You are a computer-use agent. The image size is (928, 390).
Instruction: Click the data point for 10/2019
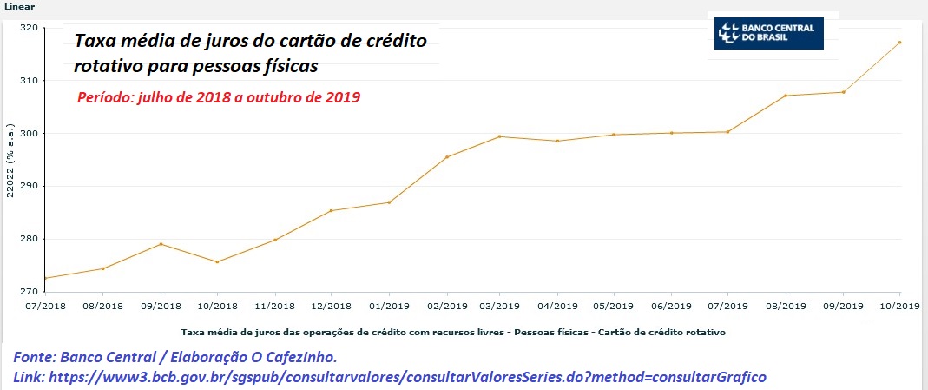pyautogui.click(x=900, y=42)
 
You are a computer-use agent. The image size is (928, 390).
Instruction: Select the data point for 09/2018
pyautogui.click(x=161, y=244)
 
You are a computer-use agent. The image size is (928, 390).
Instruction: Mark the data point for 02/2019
pyautogui.click(x=446, y=157)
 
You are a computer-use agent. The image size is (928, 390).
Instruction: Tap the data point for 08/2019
pyautogui.click(x=786, y=96)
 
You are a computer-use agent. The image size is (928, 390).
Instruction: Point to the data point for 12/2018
pyautogui.click(x=332, y=210)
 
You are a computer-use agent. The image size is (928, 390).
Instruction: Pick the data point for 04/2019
pyautogui.click(x=557, y=141)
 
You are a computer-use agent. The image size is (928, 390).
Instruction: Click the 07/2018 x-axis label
pyautogui.click(x=45, y=306)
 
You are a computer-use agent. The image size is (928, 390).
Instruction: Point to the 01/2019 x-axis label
pyautogui.click(x=388, y=306)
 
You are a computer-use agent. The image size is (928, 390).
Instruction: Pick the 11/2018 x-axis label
pyautogui.click(x=274, y=306)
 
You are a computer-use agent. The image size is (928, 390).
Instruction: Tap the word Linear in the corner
pyautogui.click(x=19, y=6)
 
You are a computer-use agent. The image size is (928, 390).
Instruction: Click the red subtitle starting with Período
pyautogui.click(x=219, y=98)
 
